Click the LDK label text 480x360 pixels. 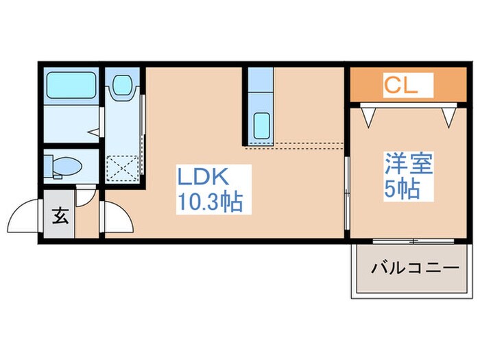coord(202,178)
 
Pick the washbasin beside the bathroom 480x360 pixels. coord(123,86)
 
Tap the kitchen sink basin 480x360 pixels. coord(261,125)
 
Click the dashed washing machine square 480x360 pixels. coord(123,167)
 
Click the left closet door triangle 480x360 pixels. coord(368,116)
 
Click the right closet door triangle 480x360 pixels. coord(448,116)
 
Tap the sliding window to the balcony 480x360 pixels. coord(413,241)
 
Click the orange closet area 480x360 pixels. coord(446,85)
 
